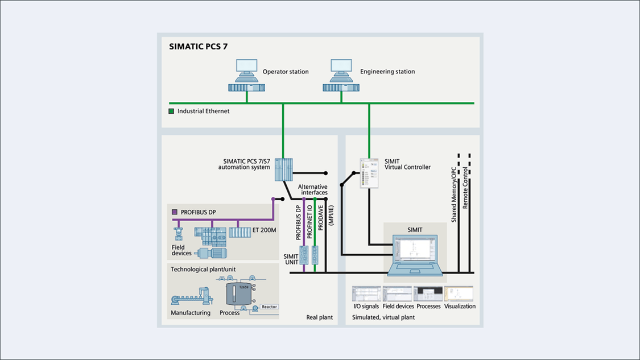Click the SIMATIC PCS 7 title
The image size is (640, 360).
pos(198,47)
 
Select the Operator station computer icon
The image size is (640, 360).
pos(246,76)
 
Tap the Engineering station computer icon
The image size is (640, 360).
pos(341,76)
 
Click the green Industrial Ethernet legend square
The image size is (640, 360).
pos(171,111)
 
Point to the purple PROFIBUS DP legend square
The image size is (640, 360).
pos(175,212)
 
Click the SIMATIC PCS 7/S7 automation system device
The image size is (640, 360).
pos(283,169)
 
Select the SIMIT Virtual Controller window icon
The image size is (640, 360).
pos(369,173)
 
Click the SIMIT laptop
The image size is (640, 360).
pos(415,254)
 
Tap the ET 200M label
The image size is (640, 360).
pos(265,230)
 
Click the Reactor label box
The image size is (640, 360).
pos(269,307)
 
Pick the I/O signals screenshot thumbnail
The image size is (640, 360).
pos(366,294)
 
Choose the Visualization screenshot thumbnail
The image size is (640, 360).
pos(459,294)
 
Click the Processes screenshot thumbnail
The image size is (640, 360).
pos(428,294)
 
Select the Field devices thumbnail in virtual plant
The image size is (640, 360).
pos(397,294)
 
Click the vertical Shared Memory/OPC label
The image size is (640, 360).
pos(454,194)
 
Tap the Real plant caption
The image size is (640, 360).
pos(319,317)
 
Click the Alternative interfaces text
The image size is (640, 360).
pos(312,189)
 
